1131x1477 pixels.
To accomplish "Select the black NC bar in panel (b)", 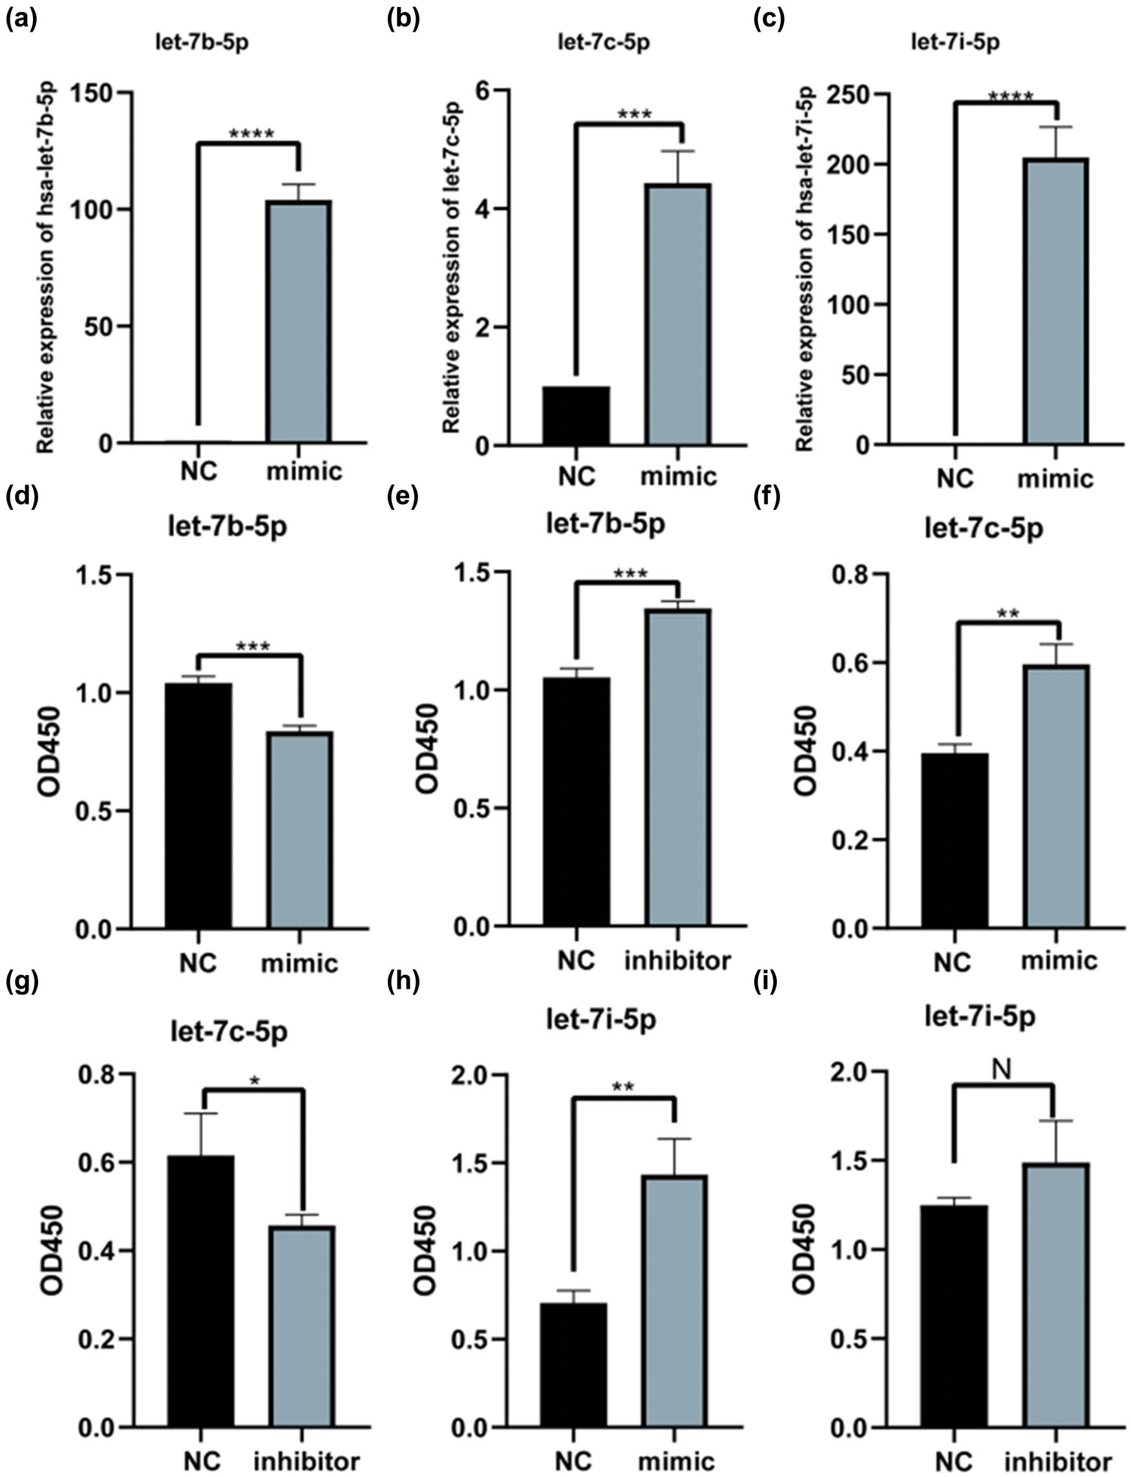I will point(576,415).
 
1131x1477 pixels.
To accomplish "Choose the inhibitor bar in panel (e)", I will point(678,767).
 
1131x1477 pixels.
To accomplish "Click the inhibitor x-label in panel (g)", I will point(306,1456).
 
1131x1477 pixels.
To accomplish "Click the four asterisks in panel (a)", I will point(251,134).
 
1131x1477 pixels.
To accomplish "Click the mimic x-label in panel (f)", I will point(1059,959).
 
